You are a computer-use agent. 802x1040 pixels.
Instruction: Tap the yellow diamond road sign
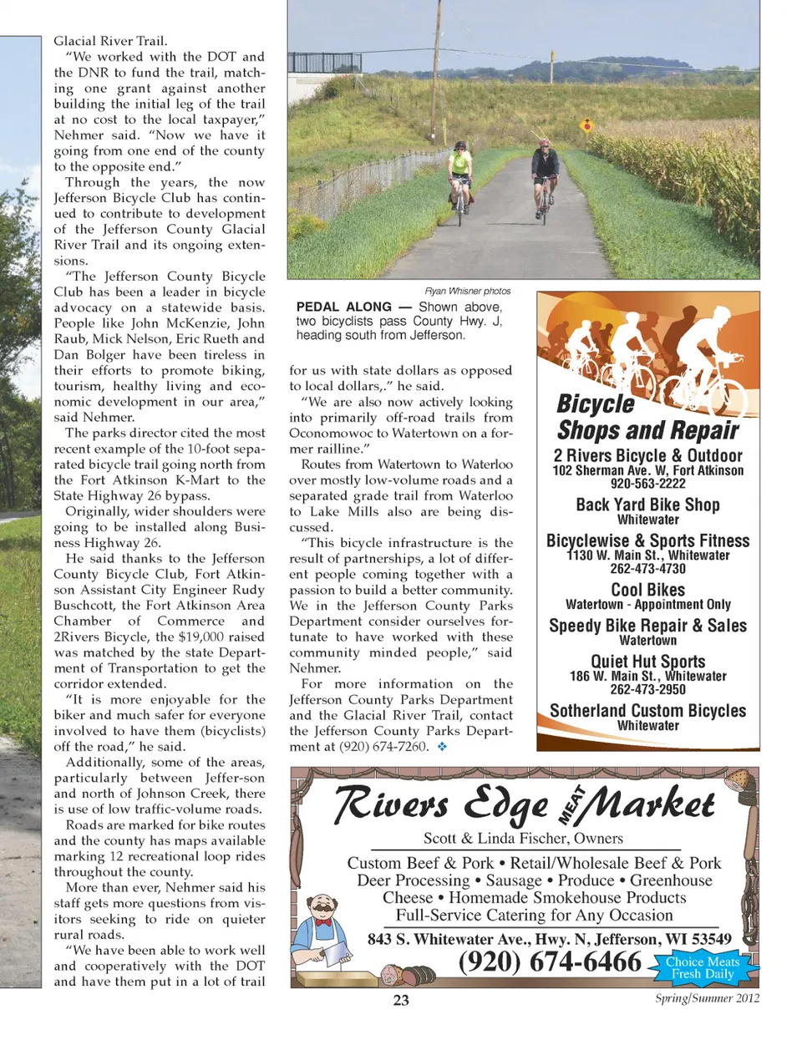point(586,127)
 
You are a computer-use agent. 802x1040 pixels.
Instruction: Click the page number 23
point(401,1000)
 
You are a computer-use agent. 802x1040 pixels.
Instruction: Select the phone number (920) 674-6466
point(550,962)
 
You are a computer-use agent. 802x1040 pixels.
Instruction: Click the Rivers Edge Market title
point(524,804)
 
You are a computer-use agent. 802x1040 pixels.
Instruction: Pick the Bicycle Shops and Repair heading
point(647,417)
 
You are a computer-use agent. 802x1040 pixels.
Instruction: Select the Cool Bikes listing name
point(647,590)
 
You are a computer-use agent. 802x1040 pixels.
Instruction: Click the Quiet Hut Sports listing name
point(647,662)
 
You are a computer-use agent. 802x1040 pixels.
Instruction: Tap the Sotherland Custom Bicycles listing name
point(647,711)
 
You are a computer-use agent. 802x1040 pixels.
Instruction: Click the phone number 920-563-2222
point(647,484)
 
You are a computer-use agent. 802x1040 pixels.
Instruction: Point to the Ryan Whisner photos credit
point(468,292)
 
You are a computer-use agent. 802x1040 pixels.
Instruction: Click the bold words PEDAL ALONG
point(343,307)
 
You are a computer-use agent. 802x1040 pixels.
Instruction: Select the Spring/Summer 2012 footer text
point(707,997)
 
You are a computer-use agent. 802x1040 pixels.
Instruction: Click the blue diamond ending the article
point(442,747)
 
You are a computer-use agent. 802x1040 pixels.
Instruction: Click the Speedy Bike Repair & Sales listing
point(647,626)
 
